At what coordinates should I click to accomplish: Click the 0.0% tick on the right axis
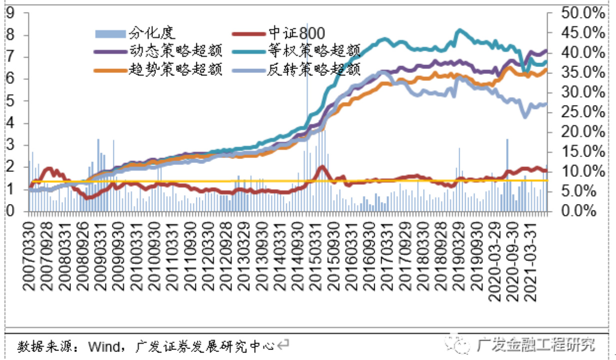tap(579, 211)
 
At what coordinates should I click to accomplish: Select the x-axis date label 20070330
tap(30, 260)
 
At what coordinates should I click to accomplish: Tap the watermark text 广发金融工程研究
tap(536, 344)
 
